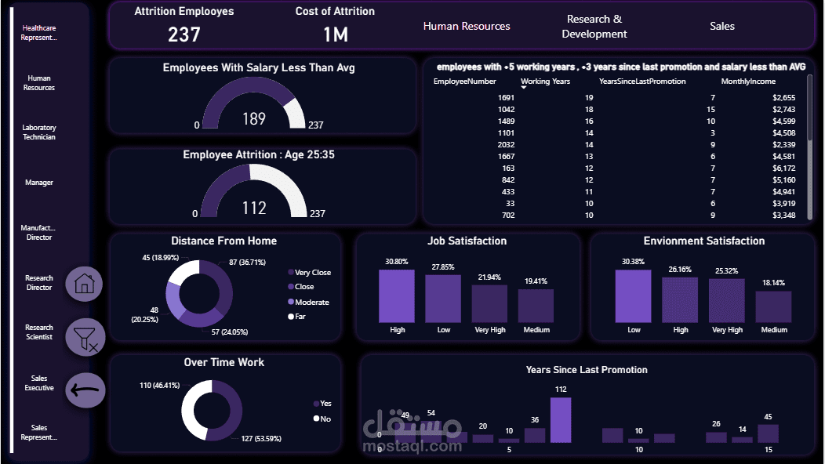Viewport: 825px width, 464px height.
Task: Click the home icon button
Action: point(84,284)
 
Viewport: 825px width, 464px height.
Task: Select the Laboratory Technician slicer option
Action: point(39,132)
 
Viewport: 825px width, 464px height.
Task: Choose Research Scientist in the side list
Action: point(39,332)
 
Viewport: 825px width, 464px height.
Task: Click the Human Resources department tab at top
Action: point(467,26)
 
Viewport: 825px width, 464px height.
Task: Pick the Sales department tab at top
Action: point(722,26)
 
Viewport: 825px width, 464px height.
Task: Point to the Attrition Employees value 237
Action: point(184,34)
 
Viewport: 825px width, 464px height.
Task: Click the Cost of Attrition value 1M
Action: point(335,34)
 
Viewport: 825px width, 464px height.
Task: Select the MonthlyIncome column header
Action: point(748,82)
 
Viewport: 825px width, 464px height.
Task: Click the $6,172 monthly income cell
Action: point(783,168)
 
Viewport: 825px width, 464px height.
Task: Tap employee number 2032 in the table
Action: point(506,144)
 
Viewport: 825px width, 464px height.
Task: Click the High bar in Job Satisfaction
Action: point(398,295)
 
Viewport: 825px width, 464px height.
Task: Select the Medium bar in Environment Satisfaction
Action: point(773,306)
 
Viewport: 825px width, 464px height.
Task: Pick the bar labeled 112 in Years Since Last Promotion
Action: point(560,419)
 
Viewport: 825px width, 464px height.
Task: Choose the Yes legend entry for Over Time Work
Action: point(325,404)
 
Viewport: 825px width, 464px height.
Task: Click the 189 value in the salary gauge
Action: point(254,118)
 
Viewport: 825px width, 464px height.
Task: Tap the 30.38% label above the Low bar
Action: point(633,262)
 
